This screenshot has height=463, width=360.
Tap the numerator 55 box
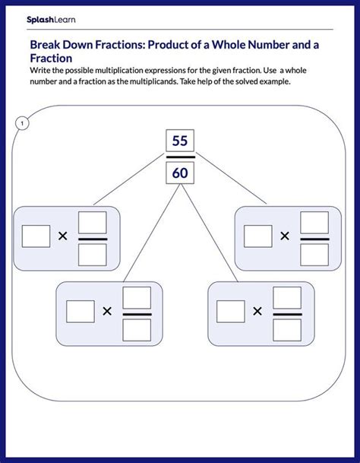[179, 141]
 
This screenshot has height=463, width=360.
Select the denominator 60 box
[179, 173]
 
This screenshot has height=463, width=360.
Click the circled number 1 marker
[23, 123]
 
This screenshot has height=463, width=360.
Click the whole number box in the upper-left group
[35, 236]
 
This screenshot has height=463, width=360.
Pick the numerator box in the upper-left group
[93, 222]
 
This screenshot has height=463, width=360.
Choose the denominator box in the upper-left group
[93, 253]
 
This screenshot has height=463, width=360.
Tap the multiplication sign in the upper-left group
[63, 236]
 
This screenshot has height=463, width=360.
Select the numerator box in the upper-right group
[314, 222]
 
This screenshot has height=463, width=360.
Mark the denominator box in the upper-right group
[314, 253]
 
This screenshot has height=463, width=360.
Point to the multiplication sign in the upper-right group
[285, 236]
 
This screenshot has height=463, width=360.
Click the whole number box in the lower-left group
[80, 311]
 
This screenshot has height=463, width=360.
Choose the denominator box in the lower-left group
[137, 328]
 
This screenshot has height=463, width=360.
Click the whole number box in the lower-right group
[230, 311]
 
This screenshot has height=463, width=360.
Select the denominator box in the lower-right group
[287, 328]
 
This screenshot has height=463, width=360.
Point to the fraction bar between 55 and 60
[179, 157]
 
